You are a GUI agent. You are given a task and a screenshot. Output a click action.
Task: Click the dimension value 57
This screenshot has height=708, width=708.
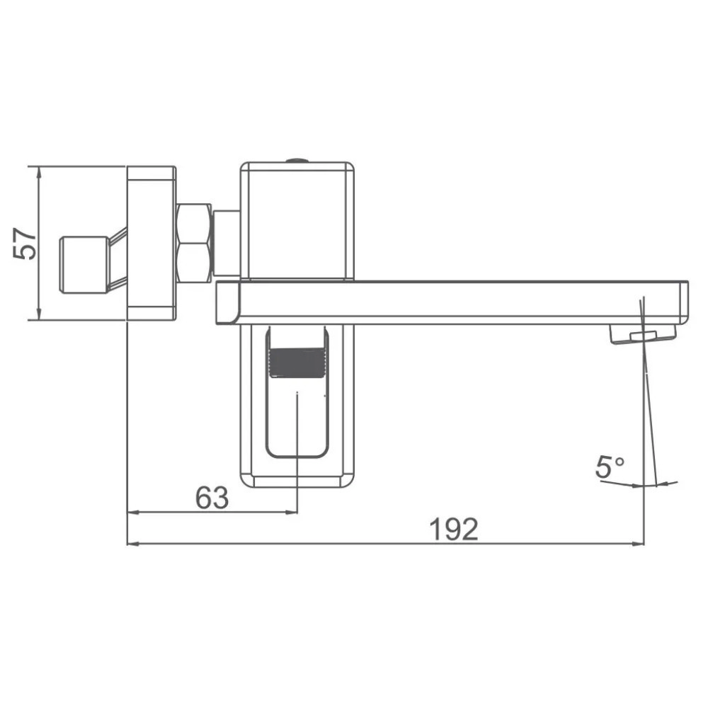pyautogui.click(x=25, y=244)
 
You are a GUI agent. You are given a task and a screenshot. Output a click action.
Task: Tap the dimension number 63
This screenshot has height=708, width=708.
pyautogui.click(x=212, y=498)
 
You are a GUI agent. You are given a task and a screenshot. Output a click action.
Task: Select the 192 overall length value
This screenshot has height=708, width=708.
pyautogui.click(x=453, y=529)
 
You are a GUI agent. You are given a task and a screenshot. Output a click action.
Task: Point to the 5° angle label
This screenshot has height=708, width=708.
pyautogui.click(x=610, y=467)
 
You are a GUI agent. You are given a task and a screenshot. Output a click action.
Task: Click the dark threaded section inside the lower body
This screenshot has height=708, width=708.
pyautogui.click(x=297, y=362)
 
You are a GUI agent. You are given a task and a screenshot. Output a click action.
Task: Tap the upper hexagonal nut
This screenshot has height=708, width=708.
pyautogui.click(x=194, y=224)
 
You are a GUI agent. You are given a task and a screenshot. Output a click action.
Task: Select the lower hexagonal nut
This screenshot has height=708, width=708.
pyautogui.click(x=194, y=263)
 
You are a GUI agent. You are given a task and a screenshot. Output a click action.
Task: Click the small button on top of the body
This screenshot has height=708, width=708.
pyautogui.click(x=297, y=160)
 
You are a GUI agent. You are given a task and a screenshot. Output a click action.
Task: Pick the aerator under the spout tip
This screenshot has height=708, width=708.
pyautogui.click(x=643, y=335)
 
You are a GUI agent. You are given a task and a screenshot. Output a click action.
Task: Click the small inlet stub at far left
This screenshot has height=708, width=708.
pyautogui.click(x=84, y=265)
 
